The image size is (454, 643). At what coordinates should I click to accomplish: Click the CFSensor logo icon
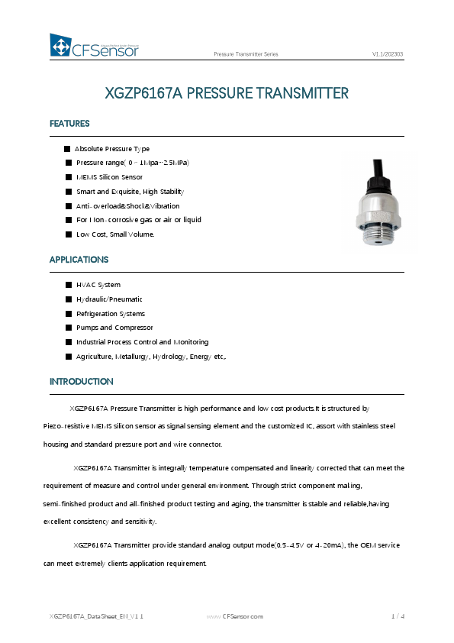tap(60, 46)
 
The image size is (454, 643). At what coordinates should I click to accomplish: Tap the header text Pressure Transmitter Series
tap(246, 55)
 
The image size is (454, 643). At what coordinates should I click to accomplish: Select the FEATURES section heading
tap(69, 124)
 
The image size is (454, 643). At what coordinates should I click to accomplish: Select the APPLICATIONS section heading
tap(79, 260)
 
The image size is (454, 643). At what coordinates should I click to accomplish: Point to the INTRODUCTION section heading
tap(81, 381)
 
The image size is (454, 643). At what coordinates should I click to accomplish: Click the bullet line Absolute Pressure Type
tap(111, 149)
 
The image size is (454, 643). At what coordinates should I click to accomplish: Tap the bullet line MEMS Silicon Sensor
tap(109, 177)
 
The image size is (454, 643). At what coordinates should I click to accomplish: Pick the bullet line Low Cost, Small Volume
tap(114, 234)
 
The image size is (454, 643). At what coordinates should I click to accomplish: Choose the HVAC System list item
tap(98, 285)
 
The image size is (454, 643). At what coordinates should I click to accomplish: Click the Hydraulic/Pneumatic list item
tap(109, 299)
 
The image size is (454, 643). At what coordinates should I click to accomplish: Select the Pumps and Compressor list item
tap(114, 328)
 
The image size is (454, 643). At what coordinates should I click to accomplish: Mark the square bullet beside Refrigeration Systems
tap(69, 314)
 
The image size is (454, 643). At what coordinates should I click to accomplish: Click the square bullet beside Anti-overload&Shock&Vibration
tap(69, 206)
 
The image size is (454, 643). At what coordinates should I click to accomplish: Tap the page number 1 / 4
tap(398, 616)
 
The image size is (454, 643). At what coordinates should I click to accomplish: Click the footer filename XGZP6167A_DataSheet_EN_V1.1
tap(96, 616)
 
